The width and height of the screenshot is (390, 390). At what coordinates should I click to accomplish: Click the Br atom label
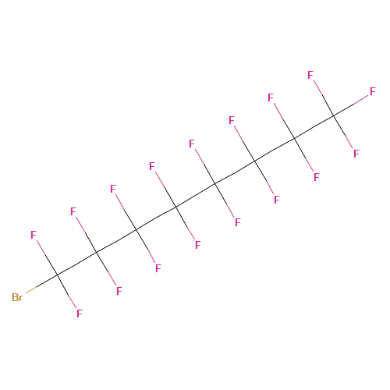(17, 297)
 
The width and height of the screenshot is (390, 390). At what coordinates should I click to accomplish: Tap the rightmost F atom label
(373, 91)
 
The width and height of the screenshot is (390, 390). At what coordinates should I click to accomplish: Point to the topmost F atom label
(310, 75)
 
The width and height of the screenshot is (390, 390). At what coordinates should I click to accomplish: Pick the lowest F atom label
(80, 314)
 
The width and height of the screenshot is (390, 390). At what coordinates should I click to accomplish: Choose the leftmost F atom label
(34, 235)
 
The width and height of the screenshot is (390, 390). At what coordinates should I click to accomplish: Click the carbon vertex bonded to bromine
(58, 275)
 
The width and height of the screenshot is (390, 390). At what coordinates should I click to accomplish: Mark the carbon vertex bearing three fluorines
(334, 115)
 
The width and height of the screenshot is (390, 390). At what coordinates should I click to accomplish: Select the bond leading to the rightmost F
(351, 106)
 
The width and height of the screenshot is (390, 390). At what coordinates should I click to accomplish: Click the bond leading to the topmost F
(324, 98)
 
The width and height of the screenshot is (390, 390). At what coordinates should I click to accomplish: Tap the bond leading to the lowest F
(67, 292)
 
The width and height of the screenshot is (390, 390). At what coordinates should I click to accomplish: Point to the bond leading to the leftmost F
(47, 257)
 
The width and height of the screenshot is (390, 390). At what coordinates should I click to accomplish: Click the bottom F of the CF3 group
(356, 154)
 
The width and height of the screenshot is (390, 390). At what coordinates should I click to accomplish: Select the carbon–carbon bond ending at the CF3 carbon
(314, 127)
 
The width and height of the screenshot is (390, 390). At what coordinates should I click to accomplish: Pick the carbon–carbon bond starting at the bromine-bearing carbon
(77, 264)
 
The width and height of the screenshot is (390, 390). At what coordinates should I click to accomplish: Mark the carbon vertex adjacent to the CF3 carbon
(295, 139)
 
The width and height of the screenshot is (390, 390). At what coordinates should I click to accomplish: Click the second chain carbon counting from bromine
(97, 252)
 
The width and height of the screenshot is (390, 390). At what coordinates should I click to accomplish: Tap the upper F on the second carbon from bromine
(73, 211)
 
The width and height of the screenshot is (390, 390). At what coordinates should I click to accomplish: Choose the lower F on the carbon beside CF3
(317, 177)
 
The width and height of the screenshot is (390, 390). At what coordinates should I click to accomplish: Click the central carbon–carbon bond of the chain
(196, 195)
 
